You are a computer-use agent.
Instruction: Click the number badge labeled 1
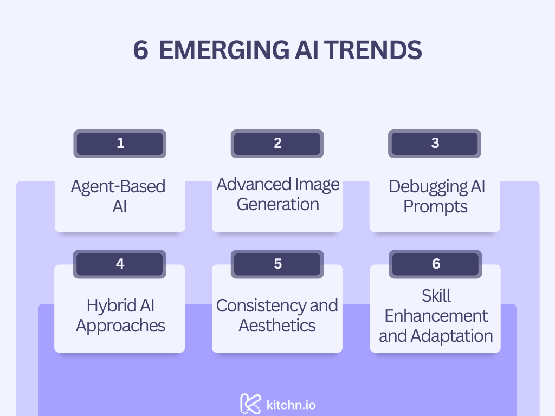[x=120, y=144]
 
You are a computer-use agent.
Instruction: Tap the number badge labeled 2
[x=277, y=144]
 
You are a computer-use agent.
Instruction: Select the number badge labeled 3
[x=435, y=144]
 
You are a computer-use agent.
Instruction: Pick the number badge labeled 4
[x=120, y=264]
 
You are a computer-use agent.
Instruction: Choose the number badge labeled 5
[x=277, y=264]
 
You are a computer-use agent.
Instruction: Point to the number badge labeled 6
[x=435, y=264]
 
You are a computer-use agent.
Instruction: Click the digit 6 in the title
[x=140, y=50]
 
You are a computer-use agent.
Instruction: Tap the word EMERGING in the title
[x=224, y=50]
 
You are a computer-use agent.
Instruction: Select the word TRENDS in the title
[x=373, y=50]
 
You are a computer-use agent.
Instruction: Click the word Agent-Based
[x=118, y=186]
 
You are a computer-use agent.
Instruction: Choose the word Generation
[x=278, y=204]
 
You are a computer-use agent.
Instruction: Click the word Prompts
[x=435, y=206]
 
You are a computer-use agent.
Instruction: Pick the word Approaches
[x=120, y=326]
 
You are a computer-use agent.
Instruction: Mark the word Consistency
[x=261, y=305]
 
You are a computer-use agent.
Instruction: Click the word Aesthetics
[x=277, y=326]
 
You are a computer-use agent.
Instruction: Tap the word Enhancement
[x=436, y=316]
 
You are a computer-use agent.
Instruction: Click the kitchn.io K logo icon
[x=250, y=404]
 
